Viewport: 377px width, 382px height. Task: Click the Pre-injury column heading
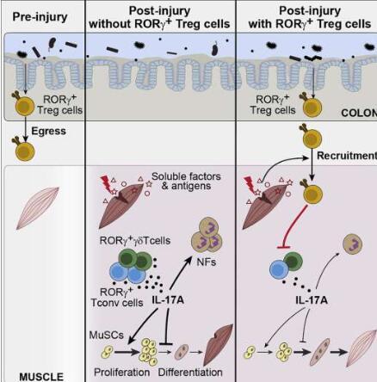[40, 17]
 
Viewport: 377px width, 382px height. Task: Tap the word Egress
[48, 131]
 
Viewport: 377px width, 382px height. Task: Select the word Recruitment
[347, 156]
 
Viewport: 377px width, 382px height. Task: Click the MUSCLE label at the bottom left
[41, 377]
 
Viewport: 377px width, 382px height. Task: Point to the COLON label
[359, 113]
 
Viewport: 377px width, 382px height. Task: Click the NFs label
[206, 262]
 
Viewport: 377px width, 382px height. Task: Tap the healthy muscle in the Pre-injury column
[38, 208]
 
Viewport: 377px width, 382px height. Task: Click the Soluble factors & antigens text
[186, 182]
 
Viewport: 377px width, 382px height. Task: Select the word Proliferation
[121, 373]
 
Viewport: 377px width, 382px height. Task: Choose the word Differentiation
[190, 373]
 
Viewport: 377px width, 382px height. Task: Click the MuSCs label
[107, 335]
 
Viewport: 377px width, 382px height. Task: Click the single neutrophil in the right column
[352, 244]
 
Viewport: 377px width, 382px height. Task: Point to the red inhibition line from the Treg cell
[294, 226]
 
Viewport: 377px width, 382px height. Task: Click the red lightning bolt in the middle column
[107, 184]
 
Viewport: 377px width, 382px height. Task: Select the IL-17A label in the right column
[312, 300]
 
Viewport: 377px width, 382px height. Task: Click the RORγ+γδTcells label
[135, 240]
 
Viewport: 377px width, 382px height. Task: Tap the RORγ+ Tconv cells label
[117, 298]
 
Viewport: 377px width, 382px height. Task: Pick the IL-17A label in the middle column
[168, 300]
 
